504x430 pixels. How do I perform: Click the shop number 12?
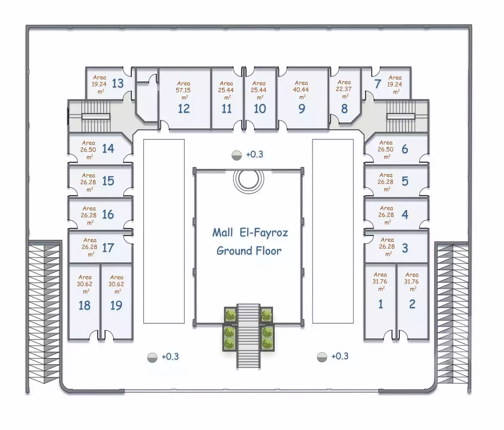tap(184, 108)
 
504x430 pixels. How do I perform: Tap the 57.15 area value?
tap(184, 90)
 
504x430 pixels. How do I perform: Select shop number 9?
tap(302, 108)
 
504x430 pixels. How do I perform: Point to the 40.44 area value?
tap(302, 89)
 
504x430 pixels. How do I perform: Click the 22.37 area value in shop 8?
tap(344, 89)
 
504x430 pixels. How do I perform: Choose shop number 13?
tap(118, 83)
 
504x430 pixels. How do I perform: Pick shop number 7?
tap(378, 84)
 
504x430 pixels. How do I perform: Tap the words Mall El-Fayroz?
tap(250, 232)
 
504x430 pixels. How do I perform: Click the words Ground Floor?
tap(249, 251)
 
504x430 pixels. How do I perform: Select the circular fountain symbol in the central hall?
tap(249, 180)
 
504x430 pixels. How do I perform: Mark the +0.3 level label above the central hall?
tap(254, 155)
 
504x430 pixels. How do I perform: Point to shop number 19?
tap(116, 305)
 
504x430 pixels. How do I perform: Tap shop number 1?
tap(381, 304)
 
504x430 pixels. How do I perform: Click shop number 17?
tap(108, 247)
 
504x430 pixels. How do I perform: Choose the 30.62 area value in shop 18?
tap(85, 284)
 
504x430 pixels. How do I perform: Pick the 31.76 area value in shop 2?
tap(412, 282)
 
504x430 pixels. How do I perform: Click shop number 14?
tap(108, 148)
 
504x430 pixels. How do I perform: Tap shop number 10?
tap(260, 108)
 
